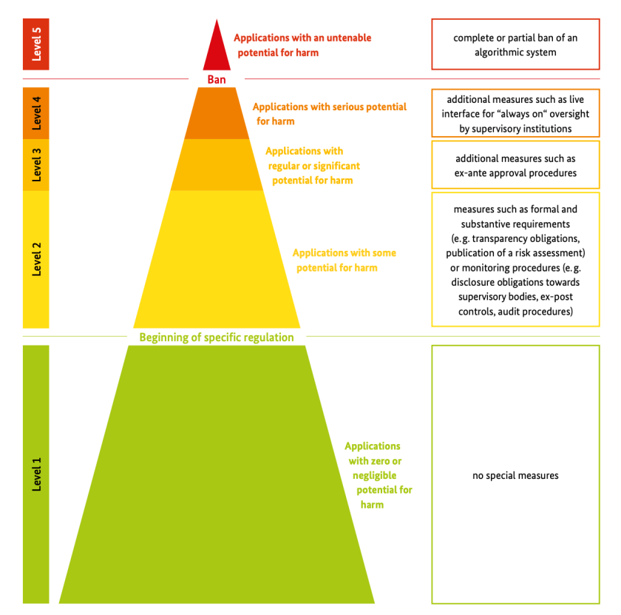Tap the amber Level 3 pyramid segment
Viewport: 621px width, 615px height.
point(217,165)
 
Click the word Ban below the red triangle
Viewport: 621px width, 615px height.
point(216,79)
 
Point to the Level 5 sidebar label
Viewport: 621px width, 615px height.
point(36,44)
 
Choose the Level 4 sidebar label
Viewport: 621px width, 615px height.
point(36,112)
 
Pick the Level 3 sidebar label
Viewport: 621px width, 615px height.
point(36,165)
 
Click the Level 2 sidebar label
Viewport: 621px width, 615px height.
point(36,259)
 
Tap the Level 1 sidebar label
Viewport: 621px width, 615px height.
point(36,474)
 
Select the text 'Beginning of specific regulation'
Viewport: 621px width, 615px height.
point(217,337)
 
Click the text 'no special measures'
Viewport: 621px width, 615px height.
point(515,475)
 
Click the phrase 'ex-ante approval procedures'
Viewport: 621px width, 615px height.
point(515,173)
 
